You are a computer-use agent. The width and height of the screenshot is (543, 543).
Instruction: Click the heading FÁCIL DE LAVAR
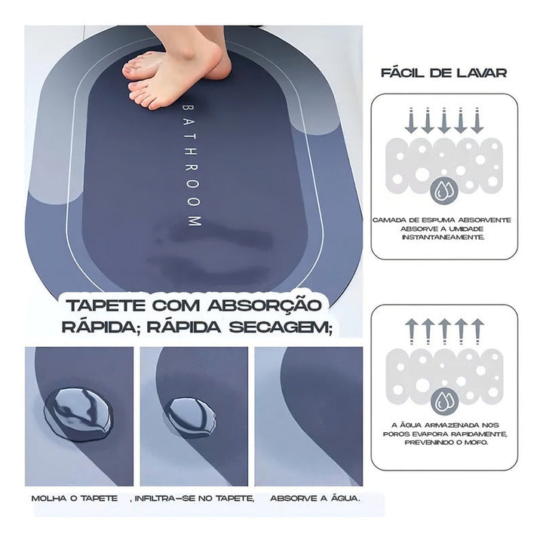(x=443, y=73)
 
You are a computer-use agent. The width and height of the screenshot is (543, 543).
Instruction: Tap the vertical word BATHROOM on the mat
(x=190, y=161)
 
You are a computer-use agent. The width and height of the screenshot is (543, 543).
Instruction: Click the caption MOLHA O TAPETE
(x=75, y=499)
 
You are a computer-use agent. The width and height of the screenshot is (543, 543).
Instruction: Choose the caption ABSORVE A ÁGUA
(x=315, y=499)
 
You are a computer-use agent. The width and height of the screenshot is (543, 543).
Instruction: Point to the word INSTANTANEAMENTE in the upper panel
(x=443, y=237)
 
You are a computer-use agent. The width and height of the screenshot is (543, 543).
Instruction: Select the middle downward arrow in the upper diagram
(x=443, y=121)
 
